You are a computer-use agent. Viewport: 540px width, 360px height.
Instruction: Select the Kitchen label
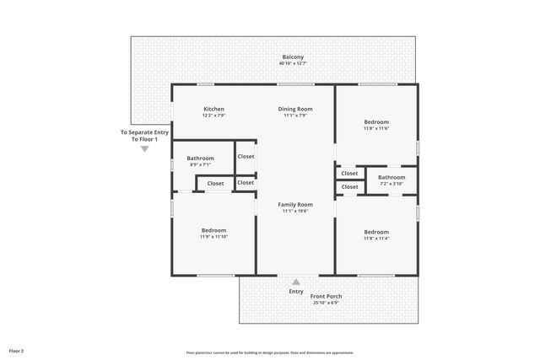click(x=213, y=109)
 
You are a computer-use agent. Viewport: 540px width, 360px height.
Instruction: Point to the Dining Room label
click(x=295, y=109)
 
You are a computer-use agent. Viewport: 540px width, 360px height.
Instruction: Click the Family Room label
click(x=295, y=204)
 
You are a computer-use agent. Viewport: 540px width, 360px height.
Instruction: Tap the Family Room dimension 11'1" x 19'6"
click(x=295, y=211)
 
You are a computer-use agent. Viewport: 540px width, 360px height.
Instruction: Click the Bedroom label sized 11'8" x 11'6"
click(x=376, y=121)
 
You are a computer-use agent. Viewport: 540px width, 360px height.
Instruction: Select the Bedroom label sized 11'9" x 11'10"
click(x=213, y=230)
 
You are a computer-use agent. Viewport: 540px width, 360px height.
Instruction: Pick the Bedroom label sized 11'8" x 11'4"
click(x=376, y=231)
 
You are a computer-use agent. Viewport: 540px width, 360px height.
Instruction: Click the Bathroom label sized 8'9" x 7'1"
click(x=201, y=158)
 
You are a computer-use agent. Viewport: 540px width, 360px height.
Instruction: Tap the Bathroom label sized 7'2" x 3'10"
click(x=391, y=177)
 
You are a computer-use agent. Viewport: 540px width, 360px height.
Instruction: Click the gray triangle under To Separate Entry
click(x=144, y=149)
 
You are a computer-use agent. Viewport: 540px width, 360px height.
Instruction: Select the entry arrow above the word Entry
click(x=295, y=282)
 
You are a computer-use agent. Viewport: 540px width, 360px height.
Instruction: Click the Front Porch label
click(x=326, y=296)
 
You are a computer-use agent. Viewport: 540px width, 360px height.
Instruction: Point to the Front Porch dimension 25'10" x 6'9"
click(x=326, y=303)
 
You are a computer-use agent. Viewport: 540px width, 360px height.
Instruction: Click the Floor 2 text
click(x=17, y=350)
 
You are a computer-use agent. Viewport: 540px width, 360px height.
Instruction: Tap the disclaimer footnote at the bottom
click(x=270, y=352)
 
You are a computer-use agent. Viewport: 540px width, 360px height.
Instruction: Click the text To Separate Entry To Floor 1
click(x=144, y=135)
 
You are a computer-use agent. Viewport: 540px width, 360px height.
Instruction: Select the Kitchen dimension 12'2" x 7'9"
click(x=213, y=116)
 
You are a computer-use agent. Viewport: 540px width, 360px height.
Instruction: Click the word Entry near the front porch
click(x=296, y=292)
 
